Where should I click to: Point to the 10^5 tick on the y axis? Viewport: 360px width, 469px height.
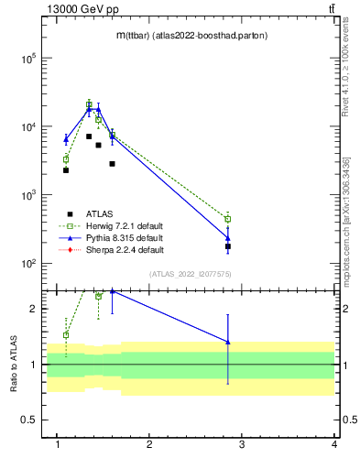tap(29, 58)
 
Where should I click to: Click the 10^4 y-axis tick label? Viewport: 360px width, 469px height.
tap(29, 126)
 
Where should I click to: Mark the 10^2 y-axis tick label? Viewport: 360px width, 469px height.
tap(29, 264)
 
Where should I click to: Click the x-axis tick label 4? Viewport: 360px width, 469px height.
tap(334, 444)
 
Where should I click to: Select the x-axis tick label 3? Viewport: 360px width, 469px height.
tap(242, 444)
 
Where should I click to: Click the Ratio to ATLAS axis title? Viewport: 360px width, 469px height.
tap(13, 364)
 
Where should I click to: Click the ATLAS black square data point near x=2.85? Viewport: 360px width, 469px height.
tap(228, 246)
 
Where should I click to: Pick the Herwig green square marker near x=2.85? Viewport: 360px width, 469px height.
tap(228, 219)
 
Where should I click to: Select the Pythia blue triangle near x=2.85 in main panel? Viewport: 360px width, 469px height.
tap(228, 238)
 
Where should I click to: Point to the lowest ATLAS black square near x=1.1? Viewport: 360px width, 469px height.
tap(66, 170)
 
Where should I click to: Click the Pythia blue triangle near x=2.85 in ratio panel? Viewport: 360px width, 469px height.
tap(228, 342)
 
